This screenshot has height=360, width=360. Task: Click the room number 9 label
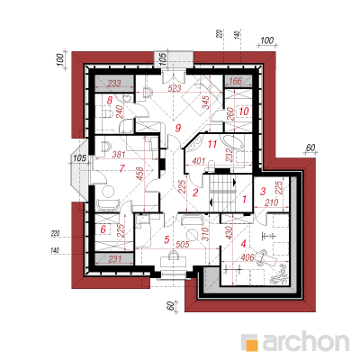178,129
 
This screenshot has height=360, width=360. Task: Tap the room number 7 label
121,169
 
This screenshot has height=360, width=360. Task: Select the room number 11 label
211,144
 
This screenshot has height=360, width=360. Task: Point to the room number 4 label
243,244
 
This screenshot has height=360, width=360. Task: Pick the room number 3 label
263,191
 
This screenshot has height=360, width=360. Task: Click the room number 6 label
103,229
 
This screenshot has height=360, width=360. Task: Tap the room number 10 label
244,112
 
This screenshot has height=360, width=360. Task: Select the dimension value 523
175,88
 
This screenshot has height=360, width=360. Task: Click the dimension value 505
183,245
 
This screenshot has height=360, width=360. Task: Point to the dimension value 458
140,173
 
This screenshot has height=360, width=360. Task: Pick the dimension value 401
199,160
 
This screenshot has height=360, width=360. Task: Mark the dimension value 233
114,83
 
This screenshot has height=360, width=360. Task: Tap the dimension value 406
247,257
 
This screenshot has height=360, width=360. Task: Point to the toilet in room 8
107,113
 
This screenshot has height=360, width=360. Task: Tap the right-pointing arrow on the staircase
234,182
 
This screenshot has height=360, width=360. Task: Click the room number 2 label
195,193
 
